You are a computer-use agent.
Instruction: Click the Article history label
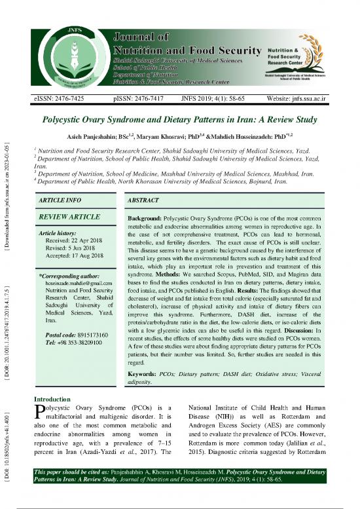58,233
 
